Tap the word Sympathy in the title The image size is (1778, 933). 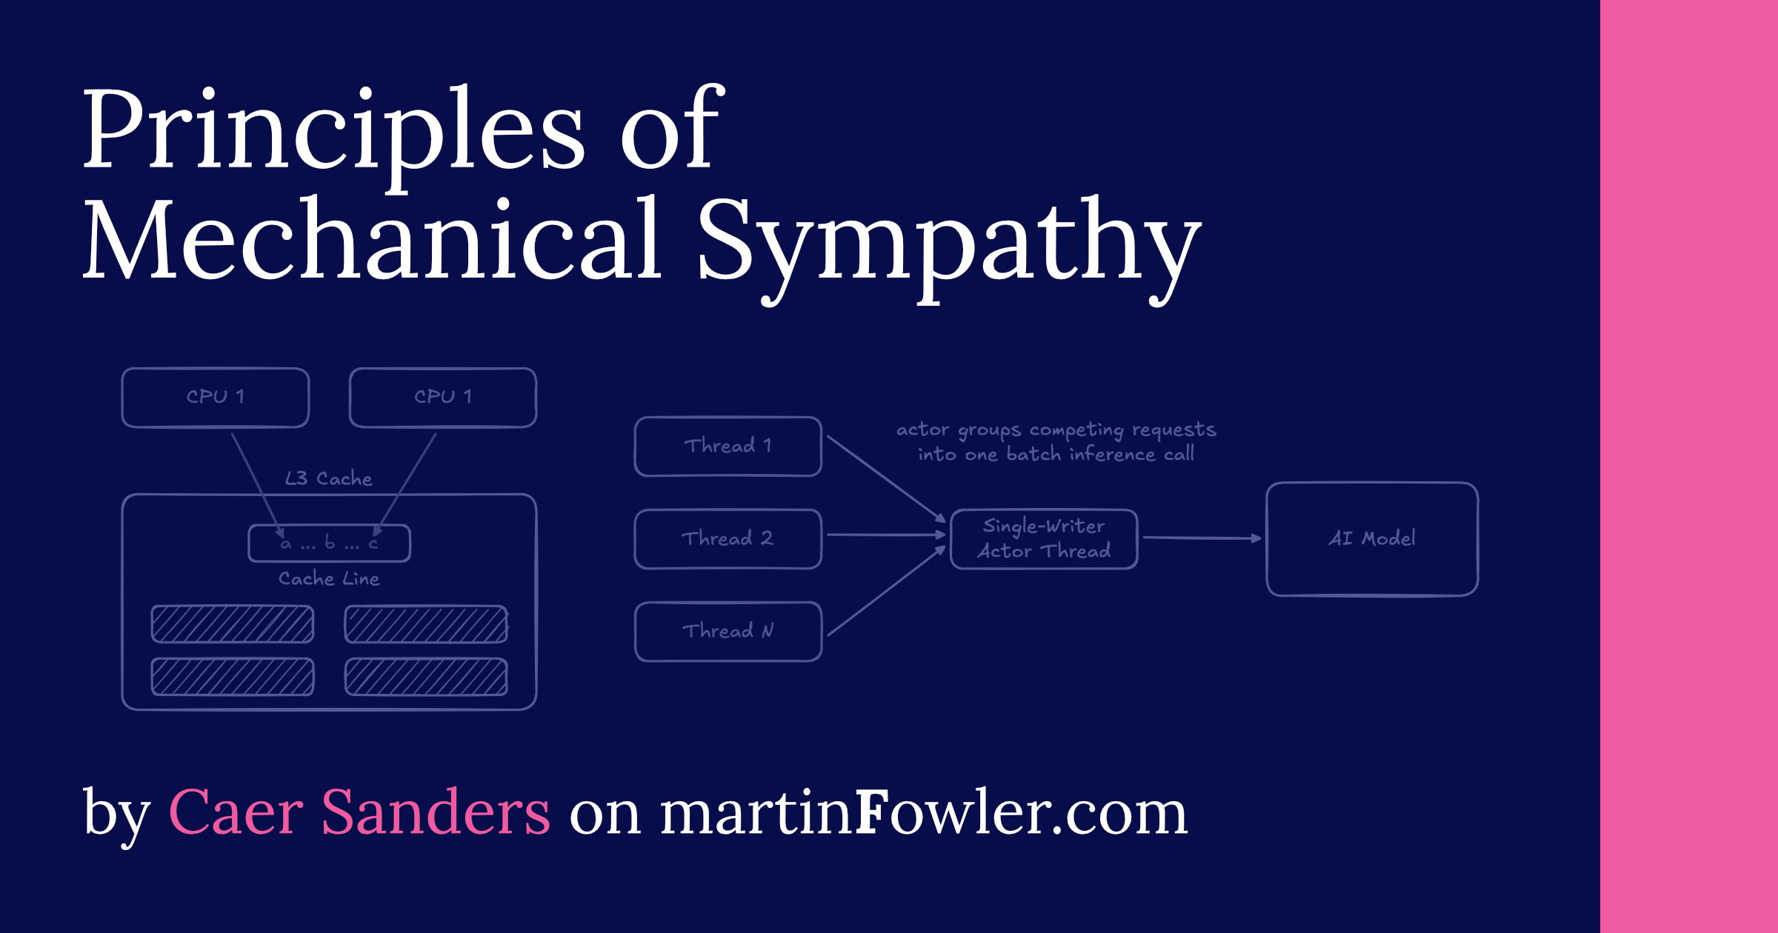click(x=948, y=244)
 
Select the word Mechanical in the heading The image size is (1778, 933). click(x=370, y=241)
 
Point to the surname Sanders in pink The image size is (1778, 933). click(x=435, y=813)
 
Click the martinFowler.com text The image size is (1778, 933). click(x=923, y=813)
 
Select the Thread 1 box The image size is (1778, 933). click(x=727, y=447)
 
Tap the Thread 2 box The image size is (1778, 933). click(x=727, y=539)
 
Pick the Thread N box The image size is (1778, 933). click(x=727, y=632)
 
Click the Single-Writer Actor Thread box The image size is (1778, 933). click(x=1043, y=539)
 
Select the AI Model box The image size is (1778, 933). click(x=1372, y=539)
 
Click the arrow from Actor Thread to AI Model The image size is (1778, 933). click(x=1200, y=538)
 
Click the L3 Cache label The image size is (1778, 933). click(x=328, y=479)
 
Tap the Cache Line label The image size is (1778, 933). click(x=329, y=579)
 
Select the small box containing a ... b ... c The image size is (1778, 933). click(x=329, y=544)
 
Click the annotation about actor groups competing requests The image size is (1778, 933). click(x=1056, y=442)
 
